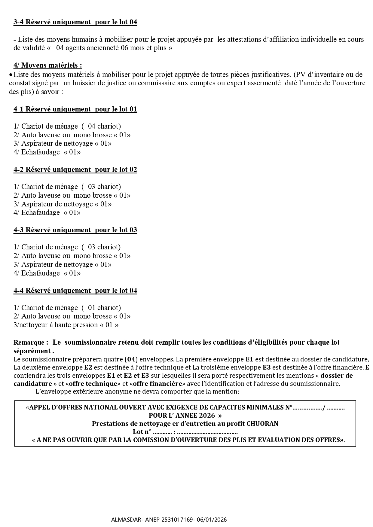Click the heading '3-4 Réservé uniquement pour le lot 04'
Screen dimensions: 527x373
[75, 22]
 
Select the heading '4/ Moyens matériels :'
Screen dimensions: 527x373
[47, 65]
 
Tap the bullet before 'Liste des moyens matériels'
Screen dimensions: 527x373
[11, 75]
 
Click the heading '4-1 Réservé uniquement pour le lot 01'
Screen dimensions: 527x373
[75, 109]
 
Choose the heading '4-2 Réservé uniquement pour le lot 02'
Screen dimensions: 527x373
[75, 169]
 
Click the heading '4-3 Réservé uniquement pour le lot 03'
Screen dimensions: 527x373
[75, 230]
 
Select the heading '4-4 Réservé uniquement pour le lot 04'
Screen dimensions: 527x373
[75, 291]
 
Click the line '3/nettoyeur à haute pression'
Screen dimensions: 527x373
[66, 325]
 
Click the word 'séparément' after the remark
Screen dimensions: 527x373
[32, 351]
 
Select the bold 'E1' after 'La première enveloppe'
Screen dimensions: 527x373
[249, 359]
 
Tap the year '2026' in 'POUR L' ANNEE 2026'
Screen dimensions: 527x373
[206, 416]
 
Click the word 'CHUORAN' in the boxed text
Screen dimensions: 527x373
[262, 424]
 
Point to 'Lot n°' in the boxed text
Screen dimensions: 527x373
[142, 432]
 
